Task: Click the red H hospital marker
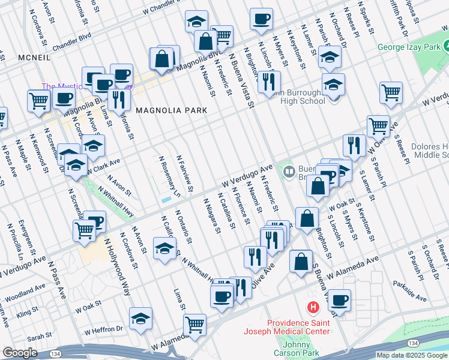312,308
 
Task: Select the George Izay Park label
409,47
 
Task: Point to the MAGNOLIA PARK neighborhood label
171,110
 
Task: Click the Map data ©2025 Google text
412,355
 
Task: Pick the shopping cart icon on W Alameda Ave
194,325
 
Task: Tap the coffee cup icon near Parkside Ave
339,300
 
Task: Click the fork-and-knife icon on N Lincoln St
269,81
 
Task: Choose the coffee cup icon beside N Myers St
261,19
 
